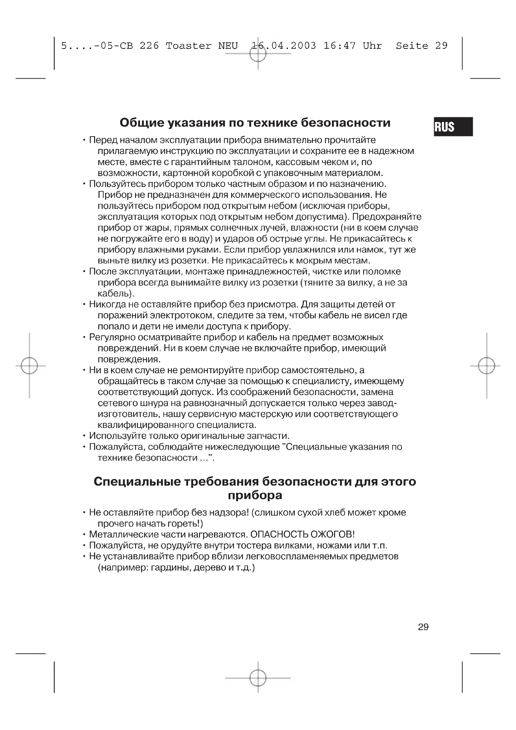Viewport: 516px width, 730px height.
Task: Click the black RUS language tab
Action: click(453, 126)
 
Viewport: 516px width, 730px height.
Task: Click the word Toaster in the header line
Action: click(188, 46)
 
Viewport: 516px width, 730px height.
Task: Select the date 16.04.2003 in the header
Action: click(284, 46)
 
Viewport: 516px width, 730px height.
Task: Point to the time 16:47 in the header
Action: click(339, 46)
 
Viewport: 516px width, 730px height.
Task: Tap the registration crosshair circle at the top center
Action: click(258, 54)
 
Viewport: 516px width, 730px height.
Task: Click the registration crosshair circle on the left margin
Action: click(29, 366)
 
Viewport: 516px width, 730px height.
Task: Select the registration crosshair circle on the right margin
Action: click(486, 366)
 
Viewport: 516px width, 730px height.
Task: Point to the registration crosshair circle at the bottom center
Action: click(258, 678)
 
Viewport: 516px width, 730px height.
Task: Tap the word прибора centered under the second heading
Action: click(255, 495)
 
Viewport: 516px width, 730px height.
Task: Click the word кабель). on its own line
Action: click(116, 293)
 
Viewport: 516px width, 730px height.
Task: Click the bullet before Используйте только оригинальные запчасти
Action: click(84, 436)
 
